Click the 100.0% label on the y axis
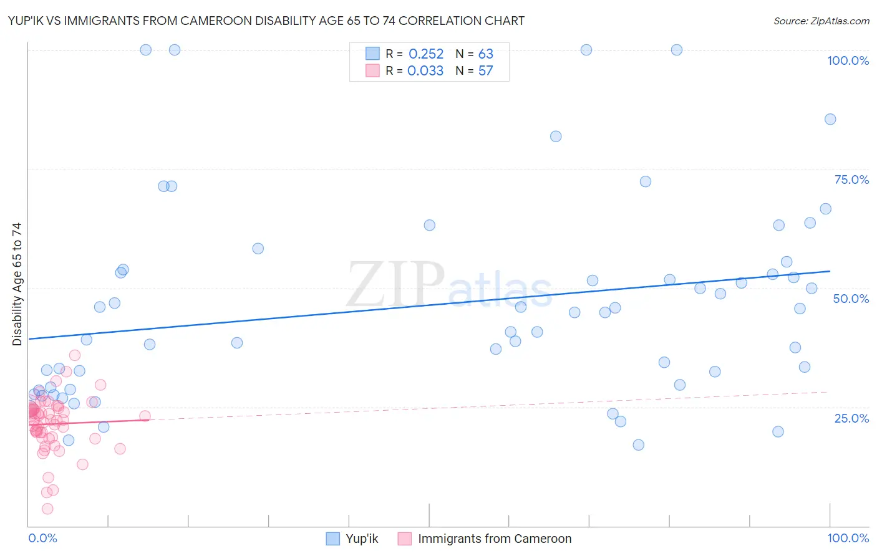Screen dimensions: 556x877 [848, 60]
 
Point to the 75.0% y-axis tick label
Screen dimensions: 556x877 [851, 180]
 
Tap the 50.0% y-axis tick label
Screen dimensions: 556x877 [851, 299]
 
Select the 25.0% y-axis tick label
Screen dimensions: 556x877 [851, 418]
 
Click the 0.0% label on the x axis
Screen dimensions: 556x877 [42, 538]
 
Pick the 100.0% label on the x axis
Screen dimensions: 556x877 [848, 538]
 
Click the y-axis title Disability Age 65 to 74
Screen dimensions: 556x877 [17, 284]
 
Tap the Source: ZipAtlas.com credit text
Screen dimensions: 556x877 [821, 21]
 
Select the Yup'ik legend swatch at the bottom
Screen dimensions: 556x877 [334, 539]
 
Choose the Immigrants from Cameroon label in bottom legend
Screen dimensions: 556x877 [495, 539]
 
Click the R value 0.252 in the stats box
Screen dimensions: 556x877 [426, 54]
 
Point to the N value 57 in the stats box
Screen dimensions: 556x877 [485, 70]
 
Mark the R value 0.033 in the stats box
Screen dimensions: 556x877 [425, 70]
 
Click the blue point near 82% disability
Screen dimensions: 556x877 [556, 137]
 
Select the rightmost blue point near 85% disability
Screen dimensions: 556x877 [830, 119]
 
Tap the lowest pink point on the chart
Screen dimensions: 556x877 [47, 509]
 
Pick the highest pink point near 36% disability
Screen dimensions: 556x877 [75, 355]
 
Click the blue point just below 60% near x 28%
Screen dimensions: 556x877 [258, 249]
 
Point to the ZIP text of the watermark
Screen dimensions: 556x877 [395, 285]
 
